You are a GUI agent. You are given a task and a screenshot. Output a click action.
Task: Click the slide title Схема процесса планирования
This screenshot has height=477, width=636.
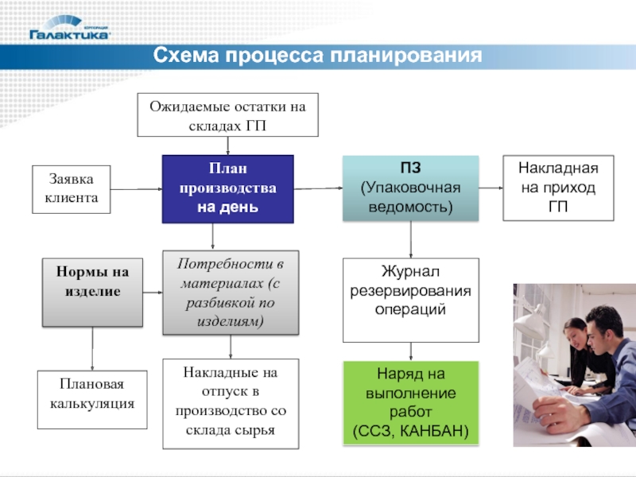(x=318, y=56)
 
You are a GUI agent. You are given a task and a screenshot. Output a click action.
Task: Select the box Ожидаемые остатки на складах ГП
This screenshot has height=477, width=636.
(x=228, y=114)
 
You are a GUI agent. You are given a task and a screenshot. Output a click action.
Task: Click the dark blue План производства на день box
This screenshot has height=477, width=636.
(x=228, y=189)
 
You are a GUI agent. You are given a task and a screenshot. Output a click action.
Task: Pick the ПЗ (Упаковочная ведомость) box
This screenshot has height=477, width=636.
(x=410, y=188)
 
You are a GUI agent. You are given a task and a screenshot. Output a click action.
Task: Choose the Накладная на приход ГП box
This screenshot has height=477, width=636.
(x=558, y=188)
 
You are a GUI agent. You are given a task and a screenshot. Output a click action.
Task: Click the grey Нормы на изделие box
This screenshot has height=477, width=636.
(x=92, y=292)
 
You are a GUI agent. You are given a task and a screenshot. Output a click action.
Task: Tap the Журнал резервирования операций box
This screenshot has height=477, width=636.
(x=410, y=300)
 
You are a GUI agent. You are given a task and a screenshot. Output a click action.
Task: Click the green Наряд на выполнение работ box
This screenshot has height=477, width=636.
(x=410, y=402)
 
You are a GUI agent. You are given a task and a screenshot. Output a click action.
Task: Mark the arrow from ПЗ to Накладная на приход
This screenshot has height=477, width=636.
(x=491, y=188)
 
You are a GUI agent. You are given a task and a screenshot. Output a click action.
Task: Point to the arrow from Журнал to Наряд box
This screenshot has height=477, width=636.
(x=410, y=351)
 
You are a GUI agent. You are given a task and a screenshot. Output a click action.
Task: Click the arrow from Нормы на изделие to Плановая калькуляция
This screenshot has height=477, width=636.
(x=92, y=348)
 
